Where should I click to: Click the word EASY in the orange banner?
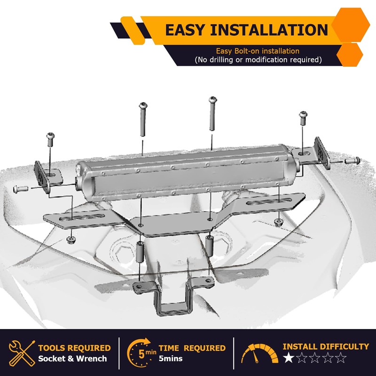185,30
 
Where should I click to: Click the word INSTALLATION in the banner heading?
269,30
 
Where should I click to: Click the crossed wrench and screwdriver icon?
22,353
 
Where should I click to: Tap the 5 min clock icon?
141,352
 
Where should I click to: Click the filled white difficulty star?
289,358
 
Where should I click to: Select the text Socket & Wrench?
72,359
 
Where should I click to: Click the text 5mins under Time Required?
171,359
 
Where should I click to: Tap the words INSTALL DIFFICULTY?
326,346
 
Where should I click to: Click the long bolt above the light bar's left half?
143,119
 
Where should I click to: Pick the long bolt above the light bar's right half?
212,113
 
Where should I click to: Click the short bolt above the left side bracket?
50,140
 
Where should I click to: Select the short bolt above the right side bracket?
303,118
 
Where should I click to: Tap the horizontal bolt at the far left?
21,189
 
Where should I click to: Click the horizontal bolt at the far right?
352,160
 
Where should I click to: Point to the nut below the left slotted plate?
70,240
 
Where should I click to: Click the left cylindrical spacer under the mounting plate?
140,251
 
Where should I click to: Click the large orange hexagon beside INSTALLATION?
351,25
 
